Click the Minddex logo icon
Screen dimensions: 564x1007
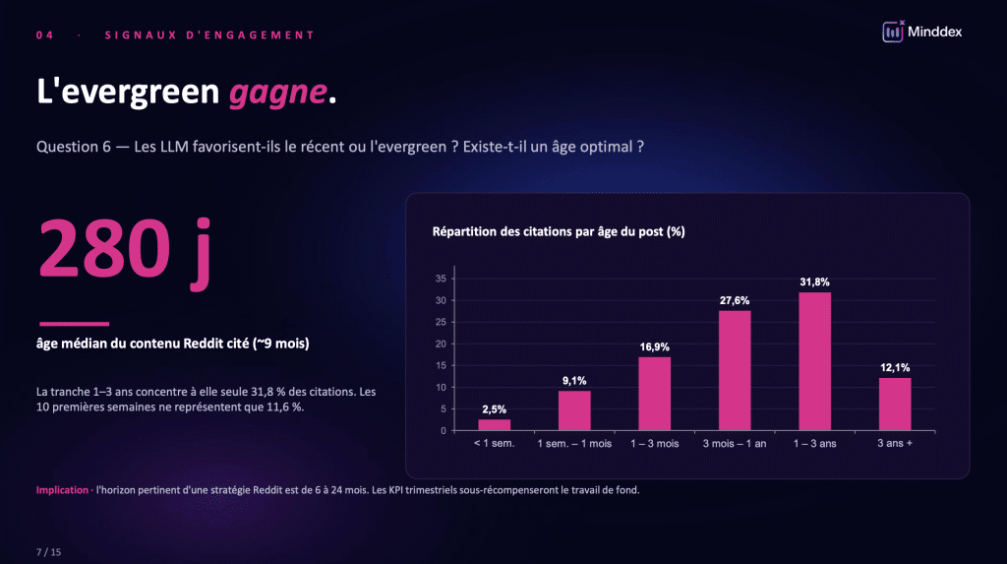(893, 31)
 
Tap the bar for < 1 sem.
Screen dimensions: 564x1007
(495, 424)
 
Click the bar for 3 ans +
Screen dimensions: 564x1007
(895, 404)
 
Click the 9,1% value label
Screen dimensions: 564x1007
(574, 379)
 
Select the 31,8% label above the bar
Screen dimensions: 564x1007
(814, 282)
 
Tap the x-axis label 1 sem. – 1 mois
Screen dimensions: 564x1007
(574, 444)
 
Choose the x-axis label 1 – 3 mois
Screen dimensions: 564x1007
(655, 444)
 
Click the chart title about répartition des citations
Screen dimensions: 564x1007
(559, 232)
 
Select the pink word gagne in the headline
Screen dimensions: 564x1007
(277, 93)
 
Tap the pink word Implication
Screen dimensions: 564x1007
(62, 490)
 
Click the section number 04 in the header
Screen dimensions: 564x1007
(44, 35)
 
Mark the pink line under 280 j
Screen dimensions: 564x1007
(74, 324)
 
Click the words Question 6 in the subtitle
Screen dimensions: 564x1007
(73, 147)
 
